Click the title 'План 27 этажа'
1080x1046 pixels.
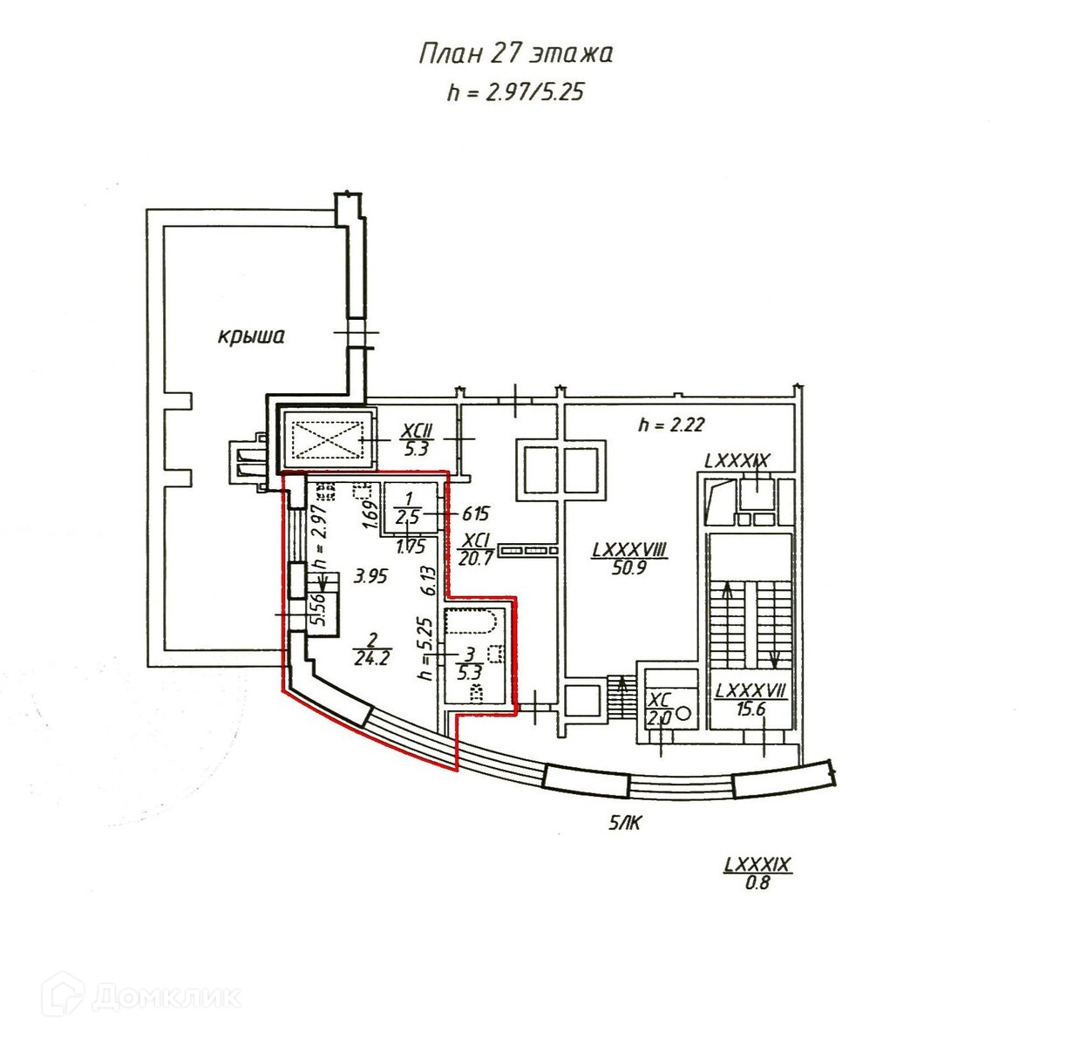tap(516, 54)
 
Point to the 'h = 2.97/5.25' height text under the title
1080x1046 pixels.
tap(515, 92)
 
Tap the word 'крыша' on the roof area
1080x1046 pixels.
tap(251, 336)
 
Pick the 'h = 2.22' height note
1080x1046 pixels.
tap(671, 425)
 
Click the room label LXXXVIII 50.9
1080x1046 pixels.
tap(628, 560)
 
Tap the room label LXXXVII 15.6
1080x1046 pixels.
tap(751, 700)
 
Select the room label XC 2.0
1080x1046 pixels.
tap(659, 710)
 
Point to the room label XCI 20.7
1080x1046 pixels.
tap(476, 550)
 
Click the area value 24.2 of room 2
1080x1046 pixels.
tap(371, 659)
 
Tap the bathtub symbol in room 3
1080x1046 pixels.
tap(471, 621)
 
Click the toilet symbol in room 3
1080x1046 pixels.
tap(476, 693)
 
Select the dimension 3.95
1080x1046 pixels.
tap(370, 576)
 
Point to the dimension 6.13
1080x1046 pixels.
tap(427, 580)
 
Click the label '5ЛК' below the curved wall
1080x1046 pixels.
tap(624, 823)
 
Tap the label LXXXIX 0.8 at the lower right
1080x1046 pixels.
tap(757, 873)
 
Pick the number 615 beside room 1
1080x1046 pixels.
tap(476, 514)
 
